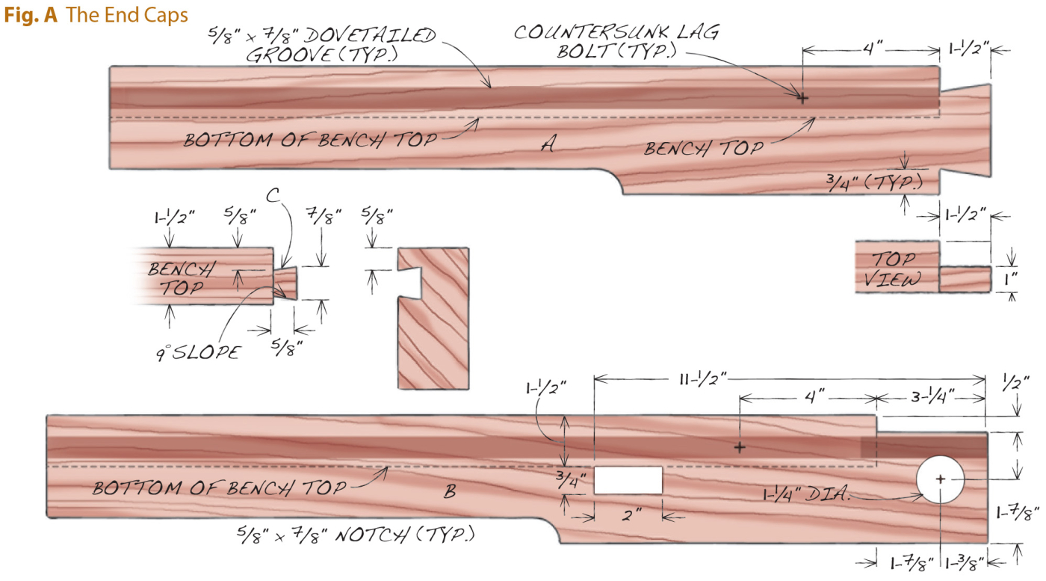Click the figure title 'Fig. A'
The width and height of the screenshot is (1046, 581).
click(31, 15)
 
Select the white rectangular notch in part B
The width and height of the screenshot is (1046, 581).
click(628, 480)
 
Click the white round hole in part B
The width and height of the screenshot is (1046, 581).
click(940, 479)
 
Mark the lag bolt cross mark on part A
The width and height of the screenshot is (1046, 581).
click(802, 98)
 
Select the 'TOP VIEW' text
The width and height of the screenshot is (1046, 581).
click(896, 270)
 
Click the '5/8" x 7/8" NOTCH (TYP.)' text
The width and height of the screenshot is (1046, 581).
click(358, 535)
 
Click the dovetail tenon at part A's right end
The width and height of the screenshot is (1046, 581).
click(965, 131)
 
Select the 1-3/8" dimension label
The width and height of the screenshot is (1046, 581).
click(965, 563)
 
